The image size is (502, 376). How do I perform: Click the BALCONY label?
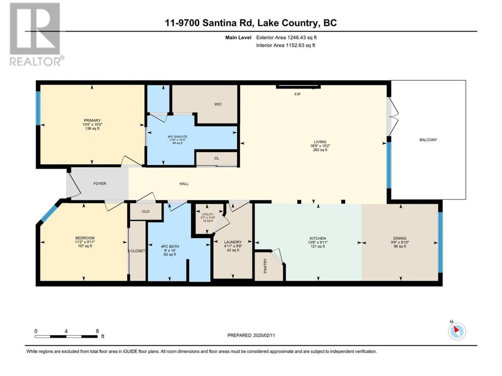pyautogui.click(x=428, y=140)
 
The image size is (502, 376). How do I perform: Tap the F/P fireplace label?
pyautogui.click(x=297, y=94)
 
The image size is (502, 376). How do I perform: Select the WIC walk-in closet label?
pyautogui.click(x=218, y=104)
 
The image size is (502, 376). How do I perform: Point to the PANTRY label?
pyautogui.click(x=265, y=266)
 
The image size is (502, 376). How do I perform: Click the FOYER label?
pyautogui.click(x=100, y=184)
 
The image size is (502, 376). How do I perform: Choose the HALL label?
pyautogui.click(x=184, y=184)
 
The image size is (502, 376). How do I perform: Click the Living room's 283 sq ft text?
pyautogui.click(x=320, y=150)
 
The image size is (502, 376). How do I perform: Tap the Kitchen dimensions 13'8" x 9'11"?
pyautogui.click(x=318, y=242)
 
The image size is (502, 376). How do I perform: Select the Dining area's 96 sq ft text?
pyautogui.click(x=400, y=246)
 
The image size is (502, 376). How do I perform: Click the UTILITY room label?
pyautogui.click(x=207, y=214)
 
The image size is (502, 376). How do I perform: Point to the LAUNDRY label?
pyautogui.click(x=233, y=242)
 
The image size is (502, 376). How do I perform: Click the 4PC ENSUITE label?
pyautogui.click(x=177, y=137)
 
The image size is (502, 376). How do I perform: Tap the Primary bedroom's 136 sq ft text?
pyautogui.click(x=92, y=128)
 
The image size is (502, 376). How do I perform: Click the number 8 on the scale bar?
pyautogui.click(x=97, y=331)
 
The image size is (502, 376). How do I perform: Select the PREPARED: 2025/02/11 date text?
pyautogui.click(x=251, y=335)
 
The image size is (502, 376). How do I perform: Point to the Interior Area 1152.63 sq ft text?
pyautogui.click(x=286, y=45)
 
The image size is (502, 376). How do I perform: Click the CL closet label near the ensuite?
pyautogui.click(x=216, y=158)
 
